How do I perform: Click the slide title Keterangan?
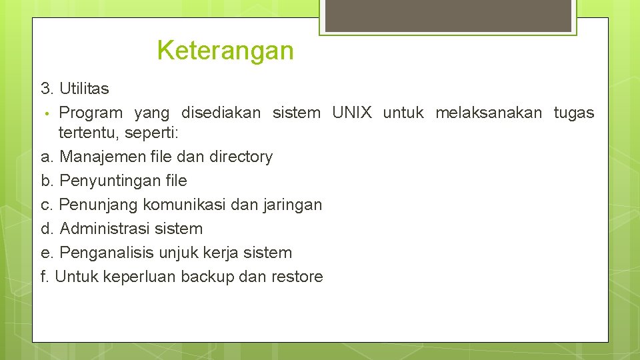(225, 51)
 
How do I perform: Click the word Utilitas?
(84, 89)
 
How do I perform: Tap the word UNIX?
(351, 113)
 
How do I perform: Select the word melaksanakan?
(489, 113)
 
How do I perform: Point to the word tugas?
(573, 113)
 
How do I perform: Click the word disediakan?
(221, 113)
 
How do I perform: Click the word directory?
(241, 157)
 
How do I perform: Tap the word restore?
(297, 277)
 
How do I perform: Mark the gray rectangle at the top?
(447, 15)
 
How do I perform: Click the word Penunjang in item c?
(95, 205)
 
